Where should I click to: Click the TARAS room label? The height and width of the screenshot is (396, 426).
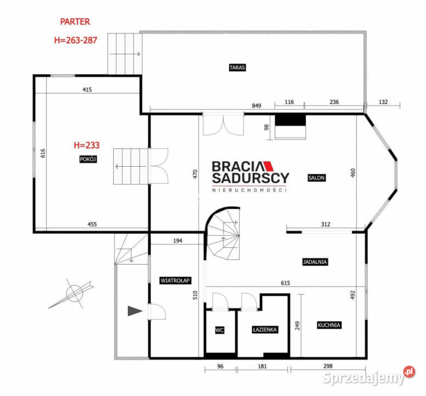tap(237, 68)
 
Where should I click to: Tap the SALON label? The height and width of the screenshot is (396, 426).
tap(317, 178)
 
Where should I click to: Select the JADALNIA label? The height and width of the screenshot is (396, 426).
tap(315, 262)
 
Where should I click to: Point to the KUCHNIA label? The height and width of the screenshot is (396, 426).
tap(329, 325)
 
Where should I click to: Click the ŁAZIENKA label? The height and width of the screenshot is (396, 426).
tap(265, 329)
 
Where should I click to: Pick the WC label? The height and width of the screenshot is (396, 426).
tap(220, 330)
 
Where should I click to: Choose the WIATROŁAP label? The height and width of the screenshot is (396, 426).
tap(175, 280)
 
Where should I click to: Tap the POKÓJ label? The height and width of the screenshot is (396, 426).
tap(88, 159)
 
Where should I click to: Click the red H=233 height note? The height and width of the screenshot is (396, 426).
tap(87, 145)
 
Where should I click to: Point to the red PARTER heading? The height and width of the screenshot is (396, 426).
tap(75, 22)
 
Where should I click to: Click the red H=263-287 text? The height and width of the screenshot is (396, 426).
tap(76, 40)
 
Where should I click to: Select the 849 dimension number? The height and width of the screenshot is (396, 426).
tap(256, 106)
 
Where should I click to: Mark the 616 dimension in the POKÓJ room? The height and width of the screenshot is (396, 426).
tap(43, 153)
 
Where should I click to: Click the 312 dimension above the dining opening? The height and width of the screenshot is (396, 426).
tap(326, 224)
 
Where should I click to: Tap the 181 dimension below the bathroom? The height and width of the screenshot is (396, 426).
tap(262, 366)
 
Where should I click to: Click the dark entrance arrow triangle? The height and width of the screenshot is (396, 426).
tap(134, 311)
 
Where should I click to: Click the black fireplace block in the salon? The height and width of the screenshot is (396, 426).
tap(290, 120)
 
